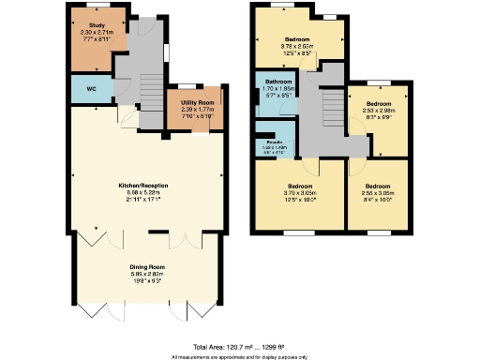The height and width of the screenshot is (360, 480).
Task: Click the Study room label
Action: (96, 25)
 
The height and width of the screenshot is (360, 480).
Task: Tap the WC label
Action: (92, 89)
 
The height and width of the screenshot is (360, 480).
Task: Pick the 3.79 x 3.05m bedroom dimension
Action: (300, 192)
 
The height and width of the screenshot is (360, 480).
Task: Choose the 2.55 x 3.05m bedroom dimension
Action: (379, 192)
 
